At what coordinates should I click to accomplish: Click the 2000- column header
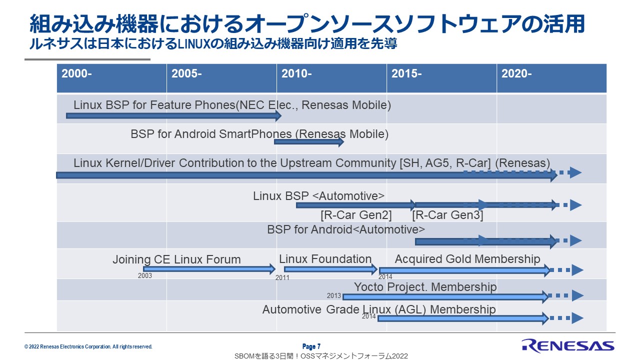(x=76, y=74)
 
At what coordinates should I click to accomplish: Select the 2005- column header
(x=186, y=74)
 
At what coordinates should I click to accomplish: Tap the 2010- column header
(x=296, y=74)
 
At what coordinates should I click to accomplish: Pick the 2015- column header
(x=406, y=74)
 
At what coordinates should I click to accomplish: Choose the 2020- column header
(x=516, y=74)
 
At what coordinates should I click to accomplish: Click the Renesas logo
(x=567, y=345)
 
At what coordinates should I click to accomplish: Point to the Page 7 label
(x=311, y=346)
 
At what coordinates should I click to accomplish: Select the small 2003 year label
(x=145, y=275)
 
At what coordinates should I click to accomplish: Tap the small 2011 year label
(x=282, y=277)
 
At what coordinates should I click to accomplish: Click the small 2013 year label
(x=334, y=295)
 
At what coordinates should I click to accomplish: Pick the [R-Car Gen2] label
(x=356, y=215)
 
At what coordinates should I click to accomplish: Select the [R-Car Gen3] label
(x=447, y=215)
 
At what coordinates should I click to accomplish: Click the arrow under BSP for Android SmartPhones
(x=309, y=142)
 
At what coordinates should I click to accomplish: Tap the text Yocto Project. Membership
(x=425, y=287)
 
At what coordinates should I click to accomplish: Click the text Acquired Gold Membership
(x=467, y=259)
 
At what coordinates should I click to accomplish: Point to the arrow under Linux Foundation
(x=330, y=269)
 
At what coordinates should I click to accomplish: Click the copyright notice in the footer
(x=88, y=346)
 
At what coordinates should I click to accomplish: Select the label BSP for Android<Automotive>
(x=346, y=229)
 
